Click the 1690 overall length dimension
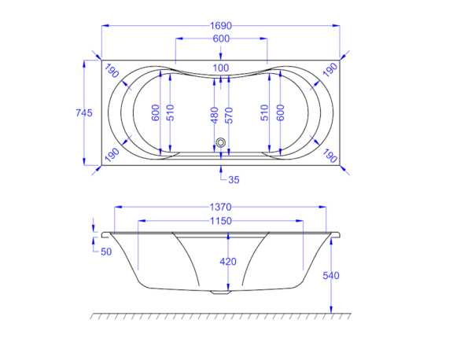tap(221, 26)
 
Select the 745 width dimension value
tap(84, 112)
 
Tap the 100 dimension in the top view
tap(221, 68)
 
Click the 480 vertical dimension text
tap(215, 116)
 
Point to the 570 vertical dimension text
tap(229, 116)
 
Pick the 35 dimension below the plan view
tap(234, 180)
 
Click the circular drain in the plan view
tap(221, 142)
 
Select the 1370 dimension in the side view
tap(221, 207)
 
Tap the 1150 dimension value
tap(221, 221)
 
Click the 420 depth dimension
tap(228, 262)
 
